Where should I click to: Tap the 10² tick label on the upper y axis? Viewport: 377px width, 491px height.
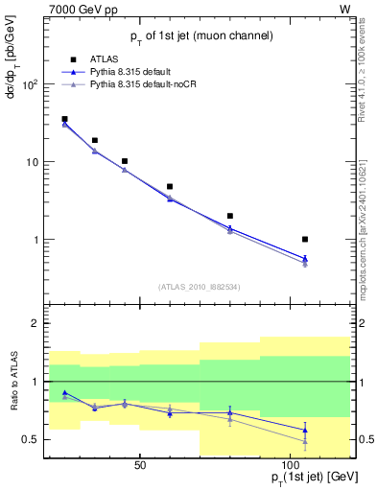pyautogui.click(x=29, y=84)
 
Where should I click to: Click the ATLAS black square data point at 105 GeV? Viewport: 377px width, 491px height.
pyautogui.click(x=305, y=239)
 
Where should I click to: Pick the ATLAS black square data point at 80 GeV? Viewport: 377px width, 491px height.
pyautogui.click(x=230, y=216)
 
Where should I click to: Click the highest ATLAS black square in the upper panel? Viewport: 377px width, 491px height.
pyautogui.click(x=64, y=119)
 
